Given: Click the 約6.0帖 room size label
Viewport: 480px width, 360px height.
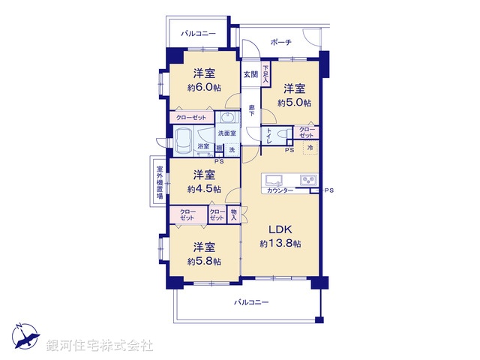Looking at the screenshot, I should pos(204,88).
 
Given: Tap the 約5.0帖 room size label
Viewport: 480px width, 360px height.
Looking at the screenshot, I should pos(294,103).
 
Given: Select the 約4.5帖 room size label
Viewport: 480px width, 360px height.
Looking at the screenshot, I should pos(204,189).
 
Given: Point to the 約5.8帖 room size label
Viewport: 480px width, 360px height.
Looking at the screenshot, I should pos(204,261).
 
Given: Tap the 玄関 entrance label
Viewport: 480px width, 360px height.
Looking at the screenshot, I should pos(250,74).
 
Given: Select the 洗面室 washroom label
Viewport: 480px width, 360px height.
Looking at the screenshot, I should pos(226,133).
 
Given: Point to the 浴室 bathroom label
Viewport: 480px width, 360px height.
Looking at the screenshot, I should pos(203,147).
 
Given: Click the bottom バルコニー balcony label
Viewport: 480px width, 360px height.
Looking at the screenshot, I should pos(250,302).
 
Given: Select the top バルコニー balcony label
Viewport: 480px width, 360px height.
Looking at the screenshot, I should pos(199,34).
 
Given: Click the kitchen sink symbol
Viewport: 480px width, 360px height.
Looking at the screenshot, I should pos(272,180).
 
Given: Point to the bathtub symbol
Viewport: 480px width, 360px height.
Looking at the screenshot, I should pos(183,139).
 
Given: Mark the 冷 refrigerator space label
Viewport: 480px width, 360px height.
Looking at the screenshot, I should pos(310,148).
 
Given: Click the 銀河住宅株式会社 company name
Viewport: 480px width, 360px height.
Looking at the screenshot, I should pos(100,346).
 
